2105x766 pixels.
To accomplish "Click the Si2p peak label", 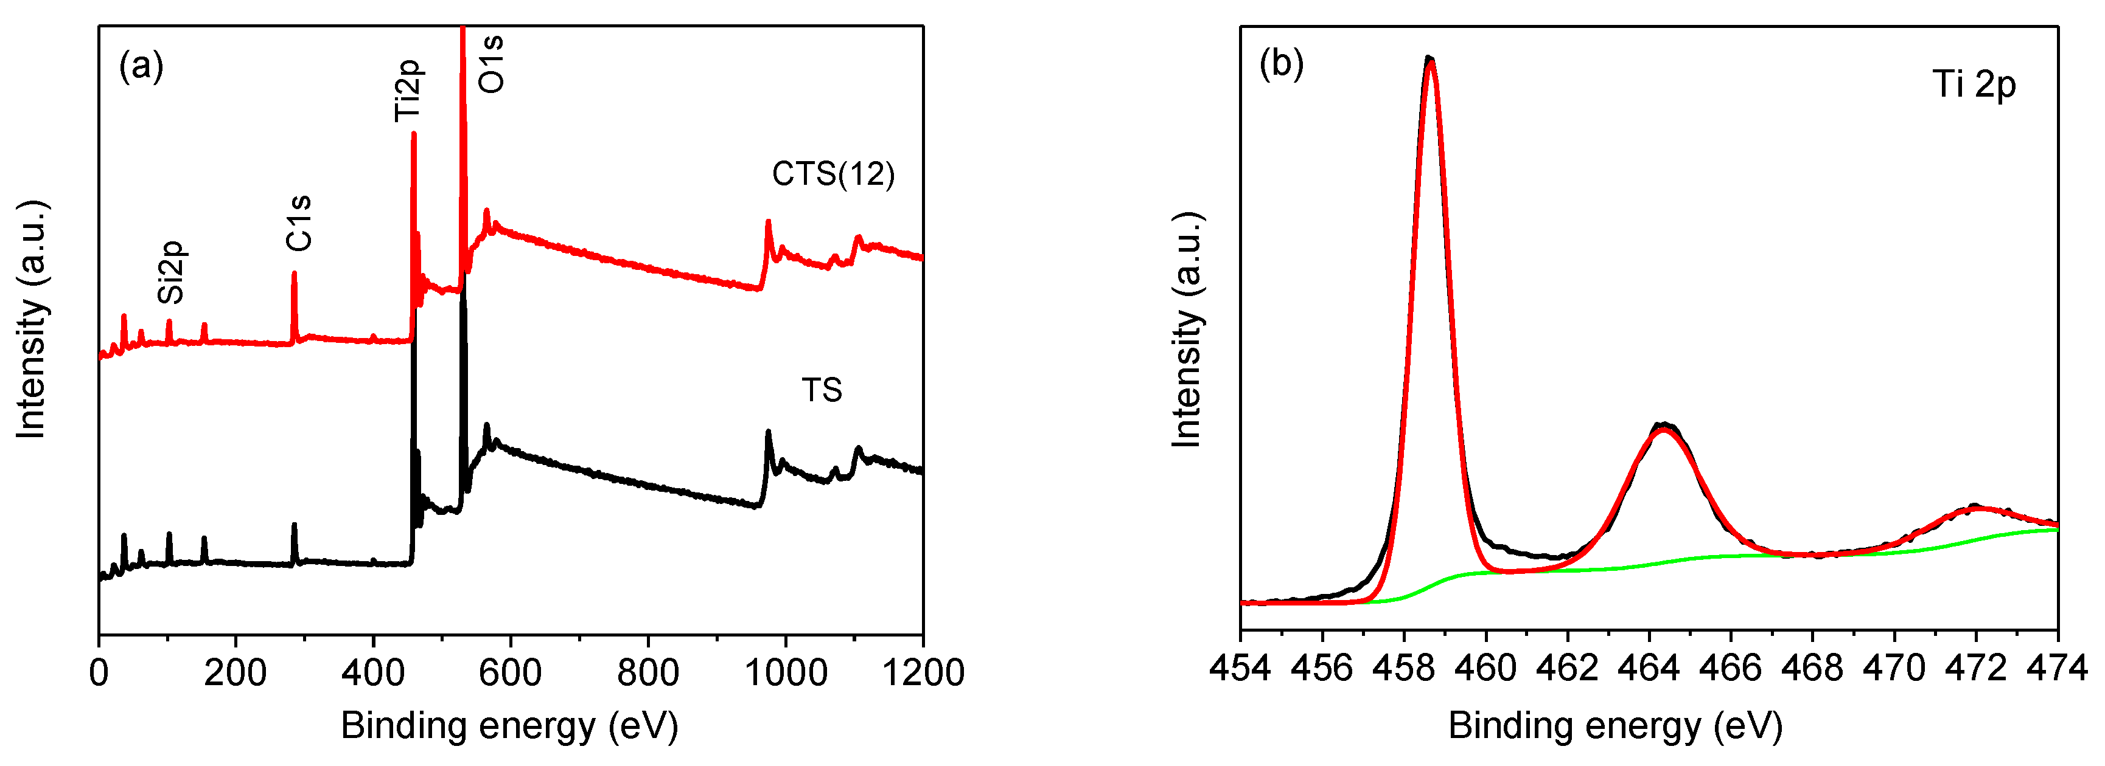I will tap(172, 272).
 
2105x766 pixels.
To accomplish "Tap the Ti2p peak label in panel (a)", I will tap(407, 91).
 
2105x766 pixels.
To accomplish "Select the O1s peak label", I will tap(491, 64).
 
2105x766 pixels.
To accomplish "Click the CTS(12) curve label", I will tap(833, 174).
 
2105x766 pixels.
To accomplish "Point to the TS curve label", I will tap(821, 390).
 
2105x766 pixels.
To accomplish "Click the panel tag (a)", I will tap(141, 65).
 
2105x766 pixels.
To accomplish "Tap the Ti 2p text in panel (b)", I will tap(1974, 84).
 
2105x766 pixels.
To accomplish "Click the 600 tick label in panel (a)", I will tap(511, 673).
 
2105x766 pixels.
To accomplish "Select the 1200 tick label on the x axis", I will tap(923, 673).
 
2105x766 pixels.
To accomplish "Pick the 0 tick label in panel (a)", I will tap(99, 673).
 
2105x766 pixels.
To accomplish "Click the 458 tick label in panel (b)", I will tap(1404, 669).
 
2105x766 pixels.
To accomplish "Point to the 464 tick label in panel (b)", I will tap(1649, 669).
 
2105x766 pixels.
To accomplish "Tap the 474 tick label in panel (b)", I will tap(2057, 669).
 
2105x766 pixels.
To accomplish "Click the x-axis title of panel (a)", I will tap(509, 726).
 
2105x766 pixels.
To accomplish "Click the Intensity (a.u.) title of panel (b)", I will tap(1187, 330).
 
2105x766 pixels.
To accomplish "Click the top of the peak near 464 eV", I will tap(1664, 426).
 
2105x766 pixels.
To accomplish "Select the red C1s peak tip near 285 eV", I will tap(294, 274).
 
